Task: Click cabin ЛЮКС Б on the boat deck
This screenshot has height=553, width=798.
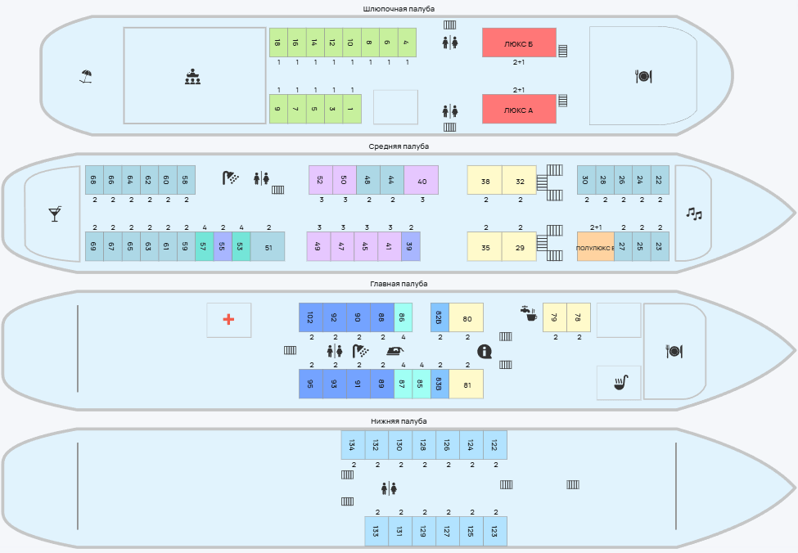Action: pos(519,43)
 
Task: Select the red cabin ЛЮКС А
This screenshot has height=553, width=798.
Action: pos(519,109)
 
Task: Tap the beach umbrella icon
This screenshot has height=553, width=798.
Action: pos(86,77)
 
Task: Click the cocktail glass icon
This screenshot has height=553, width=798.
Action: pos(55,214)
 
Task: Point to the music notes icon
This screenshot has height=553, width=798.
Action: pos(693,214)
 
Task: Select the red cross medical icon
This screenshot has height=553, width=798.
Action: pos(228,320)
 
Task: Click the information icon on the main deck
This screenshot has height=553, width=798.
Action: pos(485,352)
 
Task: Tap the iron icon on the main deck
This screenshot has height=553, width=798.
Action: pos(395,351)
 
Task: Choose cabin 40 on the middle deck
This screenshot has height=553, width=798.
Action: pos(421,180)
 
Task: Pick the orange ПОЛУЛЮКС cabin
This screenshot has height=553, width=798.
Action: pos(595,246)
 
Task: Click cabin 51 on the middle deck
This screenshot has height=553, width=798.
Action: pos(268,246)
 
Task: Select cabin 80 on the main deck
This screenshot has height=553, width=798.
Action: pos(467,317)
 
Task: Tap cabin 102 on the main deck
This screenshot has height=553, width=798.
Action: pos(310,317)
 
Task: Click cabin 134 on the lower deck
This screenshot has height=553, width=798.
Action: pos(353,445)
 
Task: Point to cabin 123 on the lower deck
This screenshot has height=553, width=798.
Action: pos(494,531)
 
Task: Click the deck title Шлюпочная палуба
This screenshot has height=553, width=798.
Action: pos(399,9)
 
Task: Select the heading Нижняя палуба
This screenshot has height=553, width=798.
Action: pos(399,421)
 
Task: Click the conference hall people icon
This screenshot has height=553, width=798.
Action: pos(193,78)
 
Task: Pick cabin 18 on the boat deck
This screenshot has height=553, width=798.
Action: pos(278,43)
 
